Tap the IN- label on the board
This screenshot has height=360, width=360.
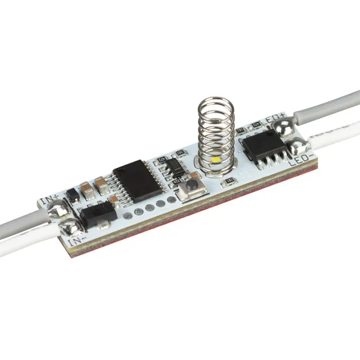pyautogui.click(x=77, y=241)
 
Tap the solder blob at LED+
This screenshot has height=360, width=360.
pyautogui.click(x=282, y=130)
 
